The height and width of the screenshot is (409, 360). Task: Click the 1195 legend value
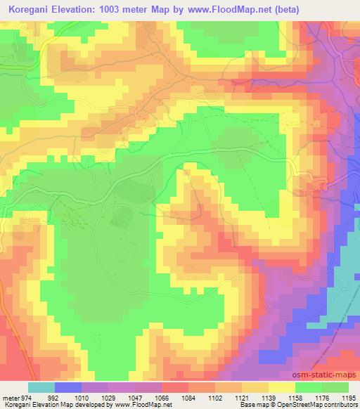(349, 397)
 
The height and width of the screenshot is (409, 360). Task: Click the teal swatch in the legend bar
(41, 387)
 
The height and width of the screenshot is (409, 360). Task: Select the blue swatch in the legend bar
(67, 387)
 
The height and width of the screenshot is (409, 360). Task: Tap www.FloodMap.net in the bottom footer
(143, 405)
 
